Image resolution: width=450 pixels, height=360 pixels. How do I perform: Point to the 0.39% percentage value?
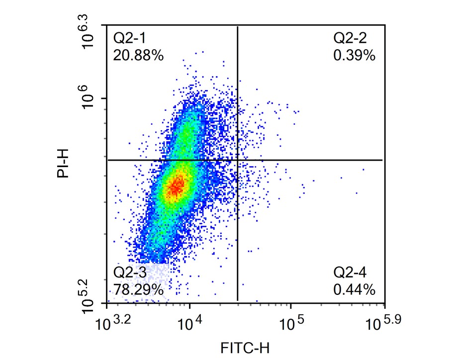[354, 55]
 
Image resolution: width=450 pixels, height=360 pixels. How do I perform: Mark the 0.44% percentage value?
[354, 289]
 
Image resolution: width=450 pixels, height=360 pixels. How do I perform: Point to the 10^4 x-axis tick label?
[189, 324]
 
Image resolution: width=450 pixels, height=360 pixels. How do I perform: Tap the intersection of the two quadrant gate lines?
[237, 160]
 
